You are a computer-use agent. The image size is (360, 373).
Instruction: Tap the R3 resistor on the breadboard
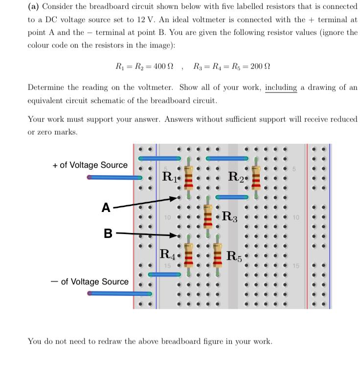pos(208,216)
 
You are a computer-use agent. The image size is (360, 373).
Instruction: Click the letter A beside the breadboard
pos(106,208)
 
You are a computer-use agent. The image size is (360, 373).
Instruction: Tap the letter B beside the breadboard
pos(108,233)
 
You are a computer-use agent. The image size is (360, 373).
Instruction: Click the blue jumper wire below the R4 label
pos(165,274)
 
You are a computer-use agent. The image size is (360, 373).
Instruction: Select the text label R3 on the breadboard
pos(230,216)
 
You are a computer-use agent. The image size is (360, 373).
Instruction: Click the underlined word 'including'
pos(281,88)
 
